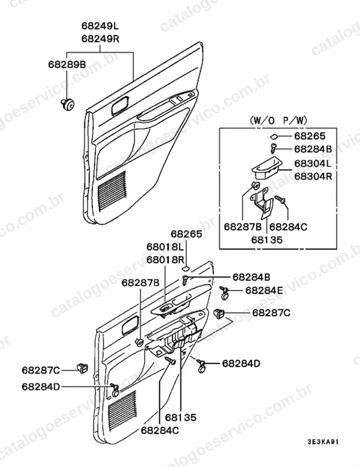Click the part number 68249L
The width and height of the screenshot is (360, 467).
coord(100,26)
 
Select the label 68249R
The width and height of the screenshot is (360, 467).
coord(100,39)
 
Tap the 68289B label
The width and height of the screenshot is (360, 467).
coord(67,64)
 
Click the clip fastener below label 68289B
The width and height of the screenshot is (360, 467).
coord(68,104)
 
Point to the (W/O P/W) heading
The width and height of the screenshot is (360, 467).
coord(278,120)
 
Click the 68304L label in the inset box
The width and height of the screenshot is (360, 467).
coord(313,163)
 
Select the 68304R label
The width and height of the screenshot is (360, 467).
coord(313,176)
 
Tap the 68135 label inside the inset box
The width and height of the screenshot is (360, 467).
coord(267,240)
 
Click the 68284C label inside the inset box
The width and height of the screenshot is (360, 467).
coord(288,227)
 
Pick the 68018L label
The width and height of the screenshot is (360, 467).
coord(165,247)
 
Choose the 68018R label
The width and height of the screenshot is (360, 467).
coord(165,260)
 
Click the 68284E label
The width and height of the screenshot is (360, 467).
coord(264,290)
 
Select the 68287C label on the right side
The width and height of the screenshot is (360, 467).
coord(271,313)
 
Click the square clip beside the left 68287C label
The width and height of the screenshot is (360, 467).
coord(83,368)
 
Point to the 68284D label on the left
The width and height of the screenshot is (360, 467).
coord(41,387)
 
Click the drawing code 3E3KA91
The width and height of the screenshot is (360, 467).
coord(323,442)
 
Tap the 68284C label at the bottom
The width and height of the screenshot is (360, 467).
coord(160,431)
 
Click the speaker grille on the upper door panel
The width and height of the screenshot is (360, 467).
coord(112,191)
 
